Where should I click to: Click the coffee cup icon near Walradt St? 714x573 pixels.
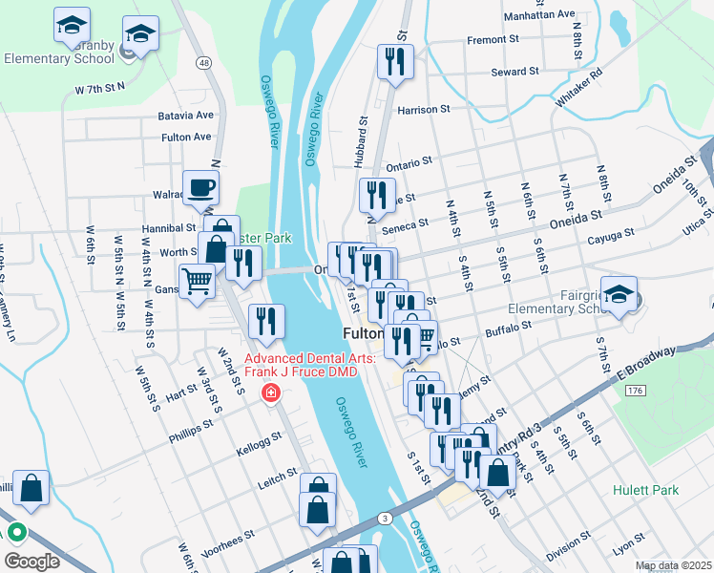pos(200,187)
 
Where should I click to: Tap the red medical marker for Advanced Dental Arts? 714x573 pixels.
pos(271,393)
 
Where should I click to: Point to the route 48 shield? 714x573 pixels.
pos(204,62)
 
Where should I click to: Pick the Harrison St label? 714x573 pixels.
pos(424,110)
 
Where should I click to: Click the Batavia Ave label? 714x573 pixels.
pos(186,115)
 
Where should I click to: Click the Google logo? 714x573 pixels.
pos(31,561)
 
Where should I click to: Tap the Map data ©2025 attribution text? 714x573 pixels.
pos(673,566)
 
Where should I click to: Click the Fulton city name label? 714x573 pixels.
pos(363,333)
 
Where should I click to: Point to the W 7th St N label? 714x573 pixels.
pos(101,89)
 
